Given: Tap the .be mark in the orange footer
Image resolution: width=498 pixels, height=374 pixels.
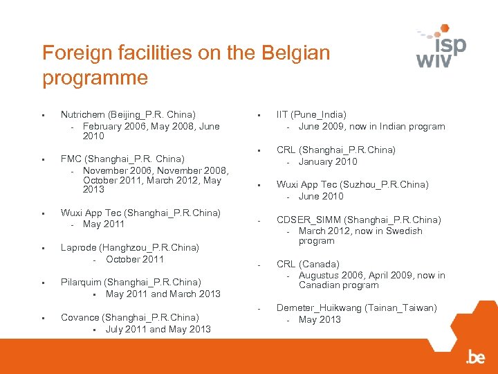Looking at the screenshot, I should point(475,357).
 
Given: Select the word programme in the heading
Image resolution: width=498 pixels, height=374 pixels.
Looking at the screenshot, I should point(95,77).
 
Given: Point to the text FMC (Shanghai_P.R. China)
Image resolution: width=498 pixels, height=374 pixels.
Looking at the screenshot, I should point(122,159).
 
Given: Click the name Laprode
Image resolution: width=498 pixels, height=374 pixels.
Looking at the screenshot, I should point(80,247).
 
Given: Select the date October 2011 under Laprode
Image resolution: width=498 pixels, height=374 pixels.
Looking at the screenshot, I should point(135,259).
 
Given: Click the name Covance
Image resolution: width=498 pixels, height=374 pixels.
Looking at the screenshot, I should point(80,317).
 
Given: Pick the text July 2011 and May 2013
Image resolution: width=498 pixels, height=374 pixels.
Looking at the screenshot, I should point(158,329).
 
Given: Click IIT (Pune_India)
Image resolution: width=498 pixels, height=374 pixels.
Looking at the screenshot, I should point(311,114).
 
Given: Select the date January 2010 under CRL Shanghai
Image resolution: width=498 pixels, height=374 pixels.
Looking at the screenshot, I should point(328,161).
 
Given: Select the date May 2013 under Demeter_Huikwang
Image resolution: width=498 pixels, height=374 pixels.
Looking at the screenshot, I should point(320,319).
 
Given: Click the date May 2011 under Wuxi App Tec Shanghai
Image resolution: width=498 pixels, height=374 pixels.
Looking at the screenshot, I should point(104,224).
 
